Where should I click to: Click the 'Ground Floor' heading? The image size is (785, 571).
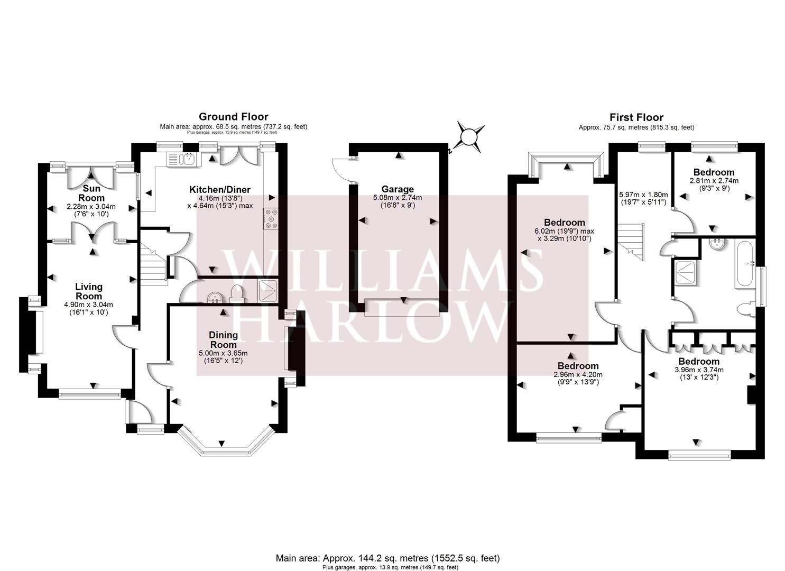(x=233, y=117)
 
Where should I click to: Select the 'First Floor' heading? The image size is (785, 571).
(x=636, y=117)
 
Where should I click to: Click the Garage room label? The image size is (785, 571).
(x=398, y=189)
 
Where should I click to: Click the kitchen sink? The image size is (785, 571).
(x=182, y=158)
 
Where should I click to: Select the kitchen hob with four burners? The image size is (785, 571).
(x=272, y=219)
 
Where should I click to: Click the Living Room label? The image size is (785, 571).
(x=88, y=291)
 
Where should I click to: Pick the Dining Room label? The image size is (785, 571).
(x=223, y=339)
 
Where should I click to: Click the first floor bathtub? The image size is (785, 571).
(x=745, y=264)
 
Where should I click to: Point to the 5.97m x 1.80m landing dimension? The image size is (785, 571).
(x=643, y=198)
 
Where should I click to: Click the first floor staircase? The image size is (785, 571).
(x=631, y=241)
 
